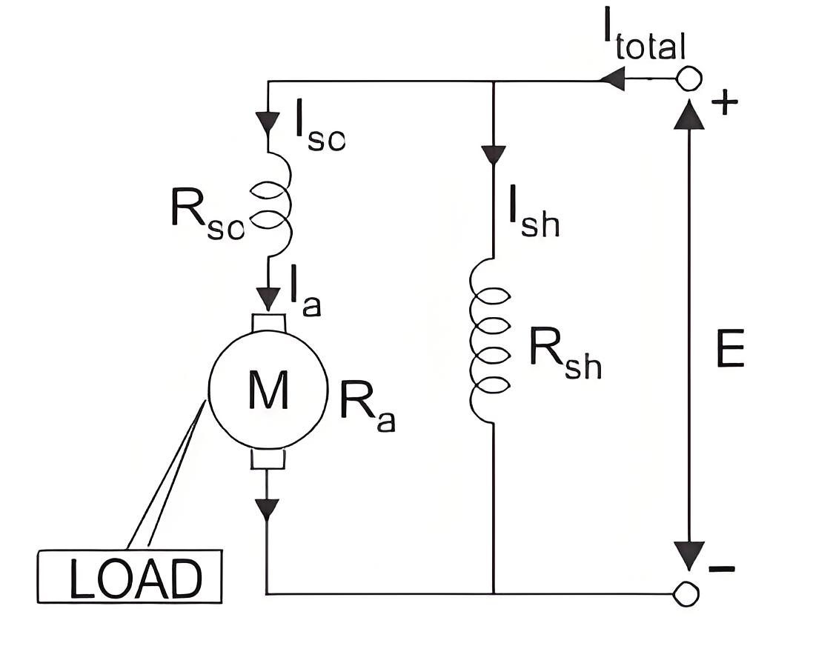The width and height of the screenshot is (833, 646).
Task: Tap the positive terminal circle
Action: (688, 80)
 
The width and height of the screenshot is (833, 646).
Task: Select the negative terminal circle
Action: (686, 593)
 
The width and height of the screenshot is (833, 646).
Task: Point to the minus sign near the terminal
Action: (722, 569)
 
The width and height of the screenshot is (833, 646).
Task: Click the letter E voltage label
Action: (730, 348)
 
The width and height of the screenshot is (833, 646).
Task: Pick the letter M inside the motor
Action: (268, 390)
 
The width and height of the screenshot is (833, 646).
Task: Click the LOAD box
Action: (130, 576)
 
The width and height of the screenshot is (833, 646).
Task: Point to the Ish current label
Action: (534, 211)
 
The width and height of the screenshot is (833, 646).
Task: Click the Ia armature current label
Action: (305, 291)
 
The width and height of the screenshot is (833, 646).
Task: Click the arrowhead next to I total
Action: (613, 81)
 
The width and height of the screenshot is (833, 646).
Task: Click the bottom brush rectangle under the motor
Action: (268, 459)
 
